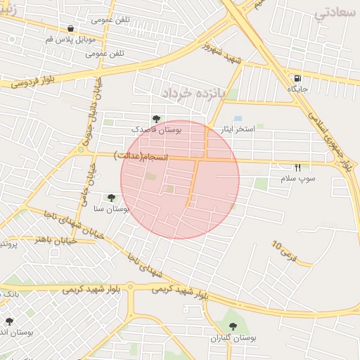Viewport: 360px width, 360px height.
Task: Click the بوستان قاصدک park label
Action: tap(157, 130)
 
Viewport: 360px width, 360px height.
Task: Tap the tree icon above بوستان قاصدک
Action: tap(156, 119)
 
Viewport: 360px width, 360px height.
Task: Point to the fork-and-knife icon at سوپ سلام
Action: tap(297, 168)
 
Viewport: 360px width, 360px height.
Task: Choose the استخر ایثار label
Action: tap(238, 129)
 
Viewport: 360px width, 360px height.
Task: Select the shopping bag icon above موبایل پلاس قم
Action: tap(71, 29)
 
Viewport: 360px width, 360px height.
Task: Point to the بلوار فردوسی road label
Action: tap(32, 82)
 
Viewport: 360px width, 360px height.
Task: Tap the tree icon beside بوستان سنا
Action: tap(110, 198)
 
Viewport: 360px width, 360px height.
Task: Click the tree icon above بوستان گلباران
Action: tap(234, 326)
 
